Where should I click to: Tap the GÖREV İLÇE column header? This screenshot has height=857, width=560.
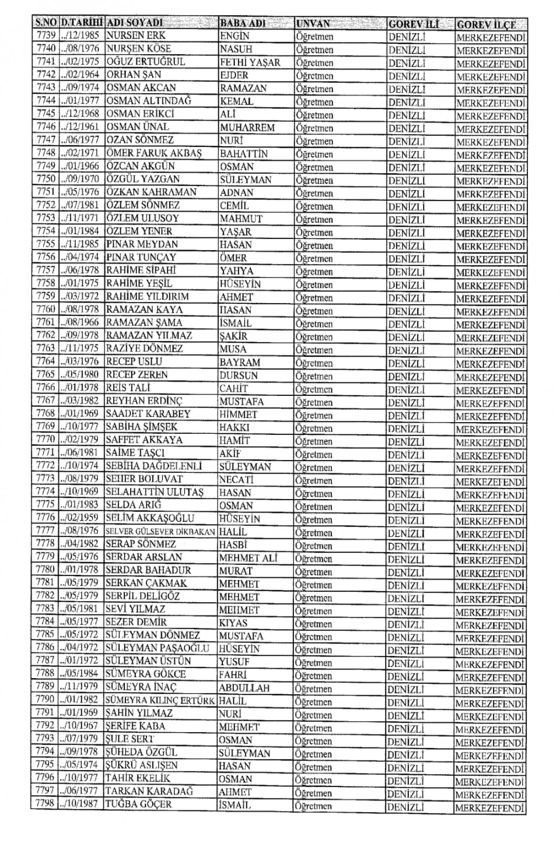tap(487, 24)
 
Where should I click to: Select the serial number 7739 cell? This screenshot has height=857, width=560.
tap(45, 36)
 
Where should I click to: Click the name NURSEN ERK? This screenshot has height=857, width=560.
tap(136, 36)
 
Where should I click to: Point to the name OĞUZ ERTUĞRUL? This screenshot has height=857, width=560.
tap(145, 62)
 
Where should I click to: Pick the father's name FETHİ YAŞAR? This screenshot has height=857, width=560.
tap(250, 62)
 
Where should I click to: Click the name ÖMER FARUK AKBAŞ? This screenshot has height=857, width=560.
tap(153, 153)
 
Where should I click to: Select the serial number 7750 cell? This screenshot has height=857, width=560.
tap(45, 179)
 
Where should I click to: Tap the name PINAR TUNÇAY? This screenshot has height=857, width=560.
tap(141, 257)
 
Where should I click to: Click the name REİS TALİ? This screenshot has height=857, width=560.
tap(128, 388)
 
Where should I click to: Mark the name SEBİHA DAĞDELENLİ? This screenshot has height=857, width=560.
tap(153, 466)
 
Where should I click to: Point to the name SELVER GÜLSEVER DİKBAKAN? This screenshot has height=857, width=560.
tap(160, 532)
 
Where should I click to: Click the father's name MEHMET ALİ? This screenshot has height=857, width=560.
tap(248, 558)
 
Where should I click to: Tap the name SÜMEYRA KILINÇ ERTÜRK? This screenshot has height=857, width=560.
tap(160, 701)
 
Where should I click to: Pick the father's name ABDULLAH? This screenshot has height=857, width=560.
tap(244, 688)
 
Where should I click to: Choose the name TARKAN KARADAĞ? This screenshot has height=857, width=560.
tap(149, 791)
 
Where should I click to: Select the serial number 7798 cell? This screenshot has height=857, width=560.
tap(45, 804)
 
